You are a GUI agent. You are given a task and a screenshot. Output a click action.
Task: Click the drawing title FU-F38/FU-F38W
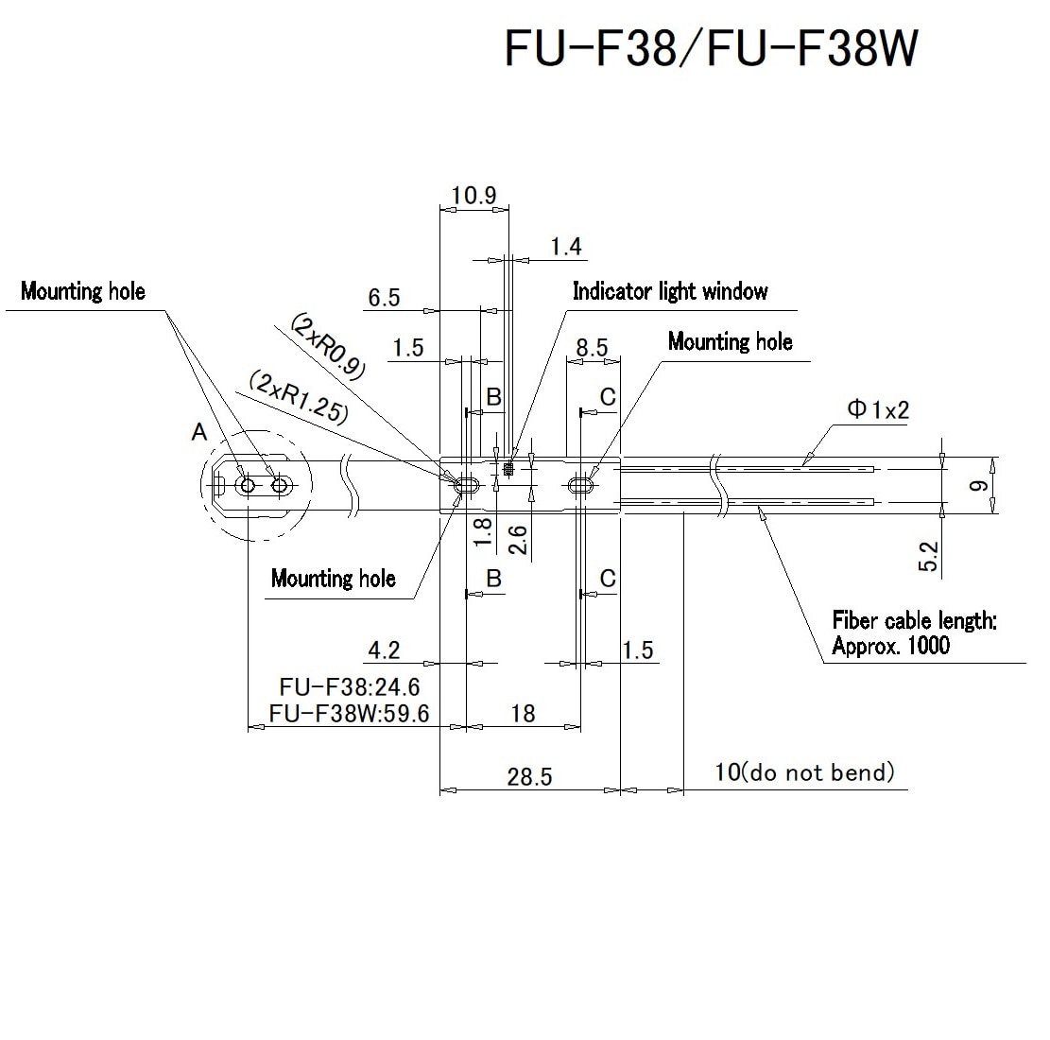coord(711,49)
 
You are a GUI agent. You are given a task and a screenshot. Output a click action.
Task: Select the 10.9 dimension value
coord(473,196)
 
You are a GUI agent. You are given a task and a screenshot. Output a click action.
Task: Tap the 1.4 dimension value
coord(566,247)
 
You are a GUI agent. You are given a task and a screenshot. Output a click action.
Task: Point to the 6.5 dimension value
coord(384,298)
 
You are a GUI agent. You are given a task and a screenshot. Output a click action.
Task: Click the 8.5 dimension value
coord(592,347)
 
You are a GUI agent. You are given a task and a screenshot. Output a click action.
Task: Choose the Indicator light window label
coord(670,291)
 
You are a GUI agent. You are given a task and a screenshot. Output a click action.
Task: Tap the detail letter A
coord(198,432)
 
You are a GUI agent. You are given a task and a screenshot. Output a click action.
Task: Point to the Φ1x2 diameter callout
coord(878,409)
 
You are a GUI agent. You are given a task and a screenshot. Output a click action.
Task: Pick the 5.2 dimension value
coord(928,555)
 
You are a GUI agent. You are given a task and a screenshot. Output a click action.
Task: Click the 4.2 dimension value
coord(384,650)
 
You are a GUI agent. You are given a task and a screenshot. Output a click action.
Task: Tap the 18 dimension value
coord(522,713)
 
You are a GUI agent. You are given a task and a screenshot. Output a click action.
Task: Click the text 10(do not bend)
coord(803,772)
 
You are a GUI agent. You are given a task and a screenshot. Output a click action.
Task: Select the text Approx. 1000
coord(890,647)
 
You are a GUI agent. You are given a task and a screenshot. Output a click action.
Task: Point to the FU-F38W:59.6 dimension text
coord(349,713)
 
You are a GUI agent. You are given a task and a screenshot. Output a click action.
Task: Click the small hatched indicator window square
coord(509,467)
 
